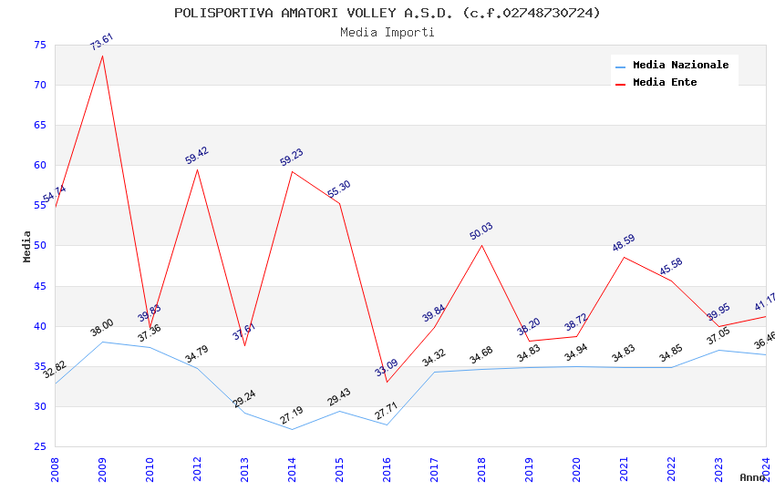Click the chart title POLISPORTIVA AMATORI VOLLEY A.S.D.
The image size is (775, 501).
[x=387, y=13]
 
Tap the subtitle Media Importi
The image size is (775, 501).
[x=387, y=32]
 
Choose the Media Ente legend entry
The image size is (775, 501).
[x=665, y=82]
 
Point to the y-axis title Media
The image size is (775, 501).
[x=26, y=246]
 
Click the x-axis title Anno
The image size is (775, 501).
[x=752, y=477]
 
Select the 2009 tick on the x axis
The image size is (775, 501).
[x=102, y=466]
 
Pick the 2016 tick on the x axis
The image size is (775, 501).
[x=387, y=466]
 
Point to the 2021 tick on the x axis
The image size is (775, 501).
[x=624, y=466]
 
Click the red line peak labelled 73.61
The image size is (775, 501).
[x=102, y=56]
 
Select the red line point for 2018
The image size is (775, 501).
[x=481, y=245]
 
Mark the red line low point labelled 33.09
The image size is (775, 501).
[x=387, y=382]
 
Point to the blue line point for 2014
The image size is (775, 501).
[x=292, y=429]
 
